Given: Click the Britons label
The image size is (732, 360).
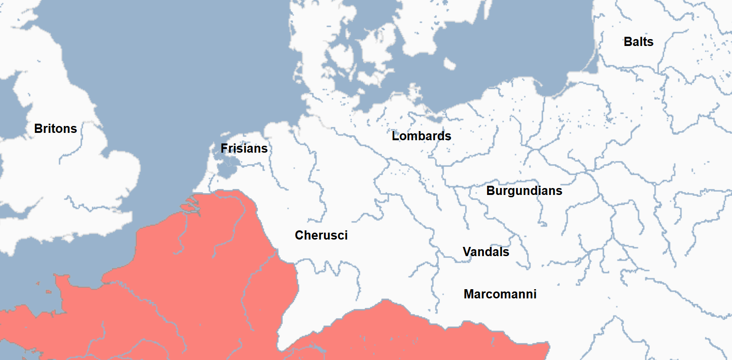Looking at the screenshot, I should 56,129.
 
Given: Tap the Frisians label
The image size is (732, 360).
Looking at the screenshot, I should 244,149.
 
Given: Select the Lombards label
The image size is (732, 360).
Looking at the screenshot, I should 421,136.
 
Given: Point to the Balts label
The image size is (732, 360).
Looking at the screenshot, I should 638,42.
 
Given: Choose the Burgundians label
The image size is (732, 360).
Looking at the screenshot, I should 524,191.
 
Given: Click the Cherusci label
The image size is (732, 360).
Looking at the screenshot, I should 321,235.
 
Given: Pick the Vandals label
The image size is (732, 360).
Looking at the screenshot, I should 486,252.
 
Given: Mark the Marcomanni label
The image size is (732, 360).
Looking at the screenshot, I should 500,294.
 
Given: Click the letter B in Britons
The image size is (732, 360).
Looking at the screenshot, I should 38,129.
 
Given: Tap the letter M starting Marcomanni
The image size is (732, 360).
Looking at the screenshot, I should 469,294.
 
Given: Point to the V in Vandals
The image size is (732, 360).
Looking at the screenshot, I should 467,252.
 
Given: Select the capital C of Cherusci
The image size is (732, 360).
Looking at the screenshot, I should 299,235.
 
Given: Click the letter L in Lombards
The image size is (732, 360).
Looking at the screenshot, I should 395,136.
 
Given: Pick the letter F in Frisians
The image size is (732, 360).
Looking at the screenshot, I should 224,149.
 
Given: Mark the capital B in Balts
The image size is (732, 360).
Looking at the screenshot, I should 628,42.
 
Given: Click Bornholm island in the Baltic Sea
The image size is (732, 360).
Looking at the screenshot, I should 449,63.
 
